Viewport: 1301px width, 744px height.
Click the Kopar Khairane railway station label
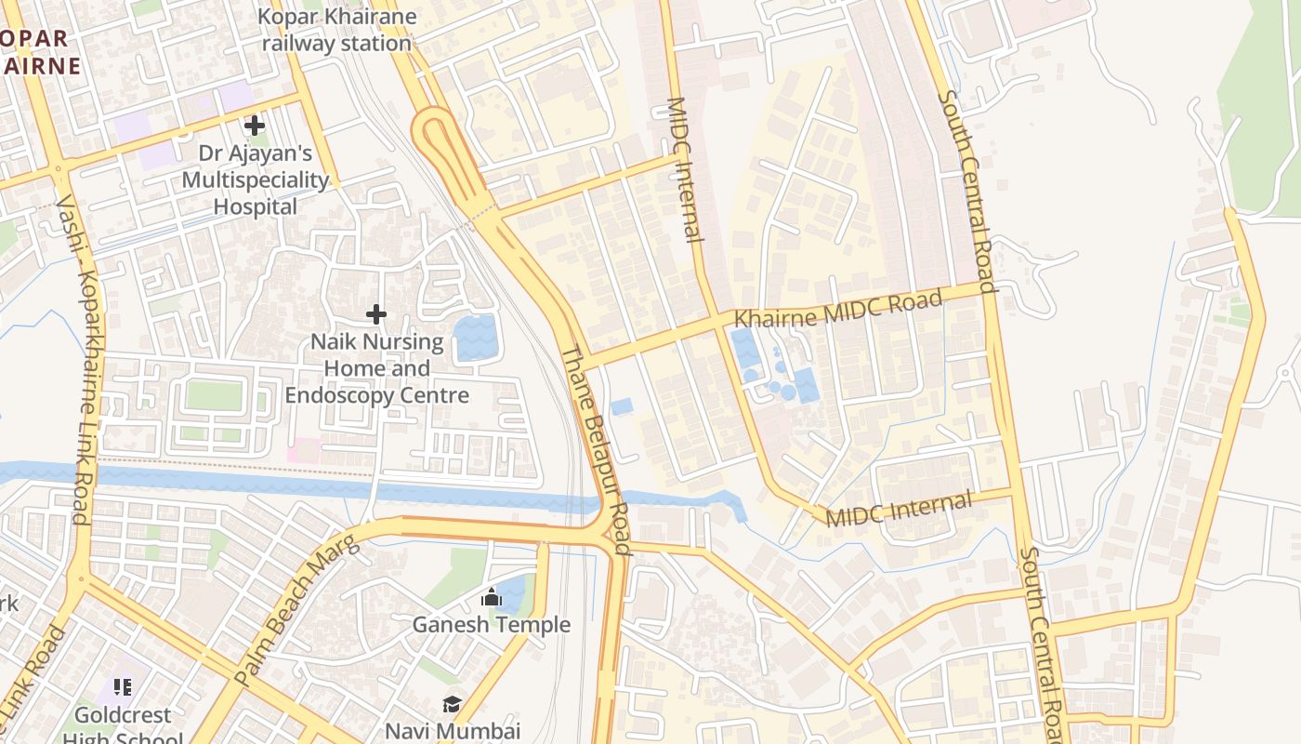336,30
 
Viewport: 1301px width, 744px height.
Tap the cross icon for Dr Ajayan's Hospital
254,125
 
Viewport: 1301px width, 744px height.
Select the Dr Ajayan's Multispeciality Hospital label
256,179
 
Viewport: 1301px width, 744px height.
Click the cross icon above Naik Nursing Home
375,314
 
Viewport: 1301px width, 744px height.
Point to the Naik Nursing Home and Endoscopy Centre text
376,368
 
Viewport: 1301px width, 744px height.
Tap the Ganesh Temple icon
492,597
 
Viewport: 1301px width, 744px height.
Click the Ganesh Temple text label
492,624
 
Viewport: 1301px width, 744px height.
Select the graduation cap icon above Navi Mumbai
452,704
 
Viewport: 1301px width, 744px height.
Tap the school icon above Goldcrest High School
122,687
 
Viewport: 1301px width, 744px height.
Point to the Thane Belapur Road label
596,450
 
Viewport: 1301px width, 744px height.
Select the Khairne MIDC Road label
838,308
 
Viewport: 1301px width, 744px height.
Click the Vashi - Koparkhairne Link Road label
83,359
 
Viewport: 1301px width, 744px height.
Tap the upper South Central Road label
966,191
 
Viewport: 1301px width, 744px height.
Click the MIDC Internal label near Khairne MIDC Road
686,169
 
